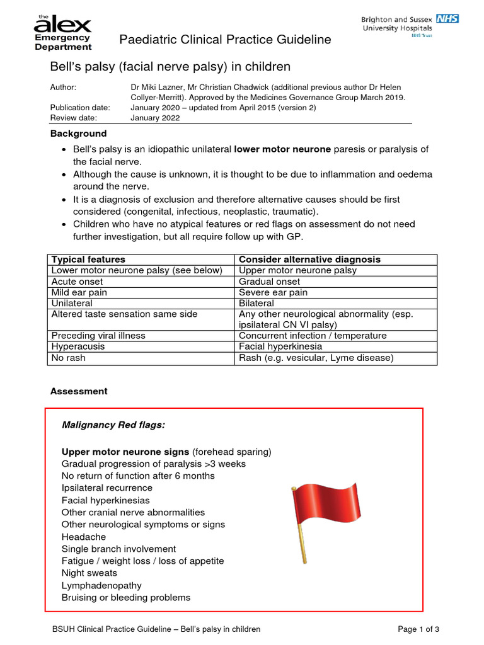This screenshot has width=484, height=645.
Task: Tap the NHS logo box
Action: (x=447, y=18)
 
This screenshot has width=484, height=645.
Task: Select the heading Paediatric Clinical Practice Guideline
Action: (x=225, y=40)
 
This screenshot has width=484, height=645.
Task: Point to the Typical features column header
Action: (x=88, y=260)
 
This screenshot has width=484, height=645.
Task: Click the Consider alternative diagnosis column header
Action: (x=309, y=260)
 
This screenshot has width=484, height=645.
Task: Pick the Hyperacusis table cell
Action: (x=78, y=346)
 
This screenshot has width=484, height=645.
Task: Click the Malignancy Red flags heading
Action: (x=113, y=425)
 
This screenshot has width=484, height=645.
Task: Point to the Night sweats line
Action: (x=89, y=573)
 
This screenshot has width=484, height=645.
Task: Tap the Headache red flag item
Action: (x=84, y=537)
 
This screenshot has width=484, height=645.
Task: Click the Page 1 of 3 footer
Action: (x=418, y=629)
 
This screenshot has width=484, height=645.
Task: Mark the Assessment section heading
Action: (x=79, y=391)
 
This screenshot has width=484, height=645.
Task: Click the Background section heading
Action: (x=79, y=134)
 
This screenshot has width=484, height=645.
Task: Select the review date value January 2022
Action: (x=155, y=118)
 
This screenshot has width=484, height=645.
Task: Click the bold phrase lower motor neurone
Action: (x=282, y=149)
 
